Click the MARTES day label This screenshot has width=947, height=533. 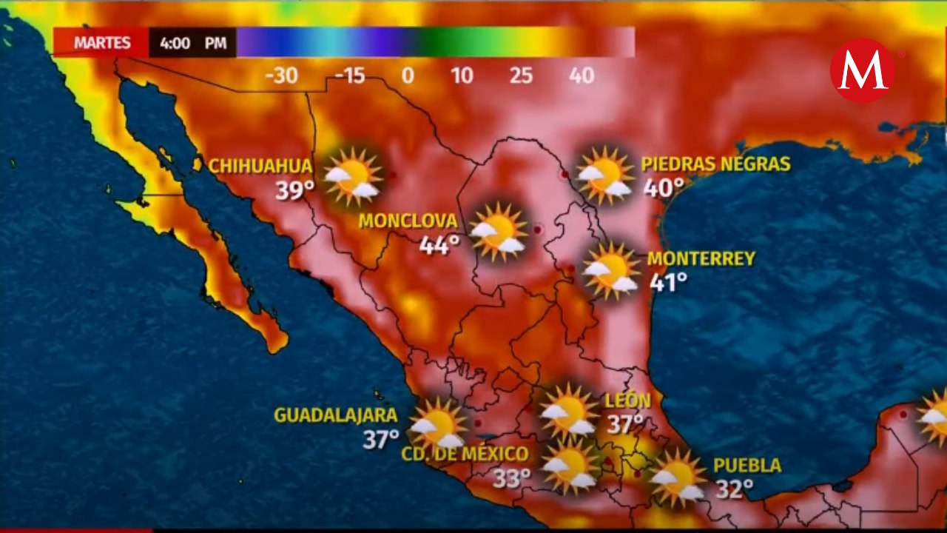click(101, 43)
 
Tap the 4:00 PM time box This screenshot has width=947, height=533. click(192, 43)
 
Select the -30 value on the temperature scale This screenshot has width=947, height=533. click(280, 76)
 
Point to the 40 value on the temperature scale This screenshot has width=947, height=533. click(582, 76)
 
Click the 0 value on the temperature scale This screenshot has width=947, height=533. click(408, 76)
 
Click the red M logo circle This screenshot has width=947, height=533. click(862, 70)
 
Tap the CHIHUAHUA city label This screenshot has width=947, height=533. click(260, 165)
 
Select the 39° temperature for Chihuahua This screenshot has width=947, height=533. click(295, 190)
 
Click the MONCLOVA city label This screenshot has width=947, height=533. click(408, 221)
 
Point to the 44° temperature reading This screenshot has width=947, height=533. click(439, 245)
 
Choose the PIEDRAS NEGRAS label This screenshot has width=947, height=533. click(715, 164)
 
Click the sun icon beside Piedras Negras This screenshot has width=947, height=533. click(605, 175)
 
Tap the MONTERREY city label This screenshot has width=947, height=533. click(701, 258)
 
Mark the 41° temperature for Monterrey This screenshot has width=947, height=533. click(668, 281)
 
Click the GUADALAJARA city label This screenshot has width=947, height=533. click(336, 415)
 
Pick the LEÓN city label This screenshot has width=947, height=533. click(628, 400)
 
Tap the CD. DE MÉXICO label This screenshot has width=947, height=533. click(465, 454)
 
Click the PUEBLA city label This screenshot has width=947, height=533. click(747, 465)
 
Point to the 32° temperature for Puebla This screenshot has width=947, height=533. click(734, 489)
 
